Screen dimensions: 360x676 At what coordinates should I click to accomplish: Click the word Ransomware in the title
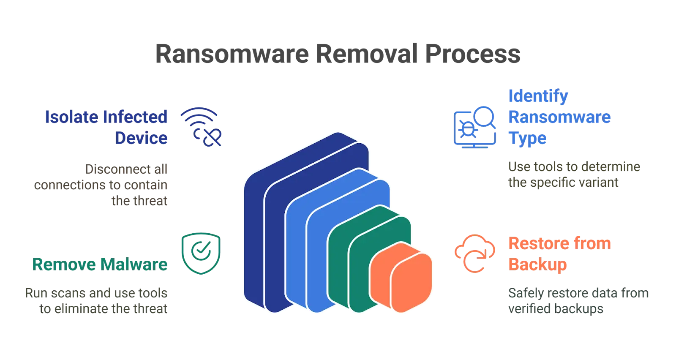click(x=230, y=53)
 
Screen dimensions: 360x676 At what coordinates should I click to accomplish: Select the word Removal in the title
click(x=366, y=53)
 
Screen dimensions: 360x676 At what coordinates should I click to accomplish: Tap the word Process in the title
click(x=472, y=53)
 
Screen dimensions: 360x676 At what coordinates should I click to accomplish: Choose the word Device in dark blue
click(x=142, y=138)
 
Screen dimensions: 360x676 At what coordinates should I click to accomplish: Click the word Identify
click(x=538, y=96)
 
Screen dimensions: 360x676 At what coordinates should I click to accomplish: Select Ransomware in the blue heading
click(x=559, y=117)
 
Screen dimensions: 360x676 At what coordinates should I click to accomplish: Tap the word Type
click(x=527, y=138)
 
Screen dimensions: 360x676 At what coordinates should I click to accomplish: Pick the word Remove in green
click(x=63, y=265)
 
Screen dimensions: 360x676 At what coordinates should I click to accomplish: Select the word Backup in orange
click(x=537, y=265)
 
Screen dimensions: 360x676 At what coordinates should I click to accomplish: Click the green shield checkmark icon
click(x=200, y=253)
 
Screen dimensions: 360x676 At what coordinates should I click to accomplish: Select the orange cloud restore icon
click(x=474, y=253)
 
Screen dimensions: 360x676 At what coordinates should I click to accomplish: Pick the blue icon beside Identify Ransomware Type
click(x=474, y=127)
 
